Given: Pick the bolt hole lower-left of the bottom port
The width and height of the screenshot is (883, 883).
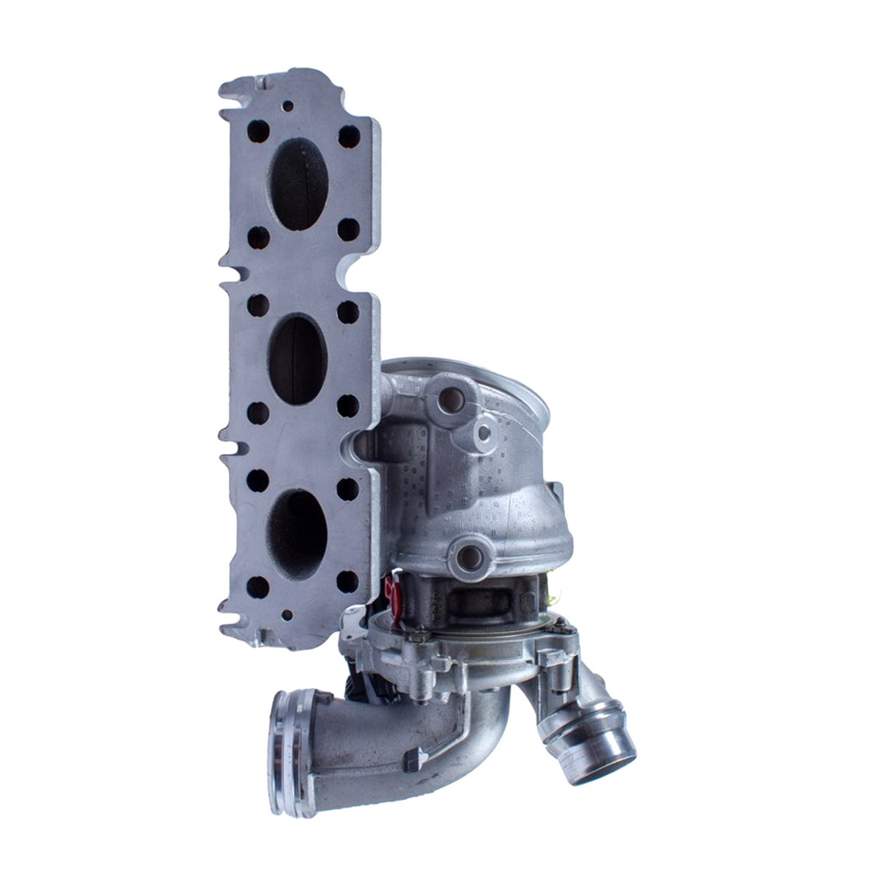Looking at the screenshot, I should pos(258,586).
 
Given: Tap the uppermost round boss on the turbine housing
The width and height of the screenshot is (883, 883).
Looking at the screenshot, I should pos(449,401).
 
